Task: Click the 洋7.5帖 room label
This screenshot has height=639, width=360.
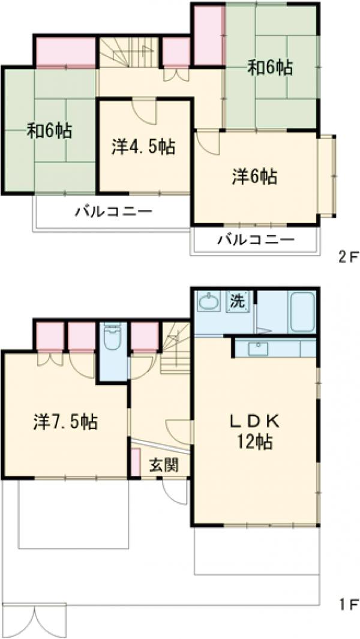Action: [65, 421]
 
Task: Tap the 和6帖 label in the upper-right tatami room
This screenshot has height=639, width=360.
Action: [271, 68]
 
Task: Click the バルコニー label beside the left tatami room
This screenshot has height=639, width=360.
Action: [113, 211]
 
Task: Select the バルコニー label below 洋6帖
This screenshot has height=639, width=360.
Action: [256, 240]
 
